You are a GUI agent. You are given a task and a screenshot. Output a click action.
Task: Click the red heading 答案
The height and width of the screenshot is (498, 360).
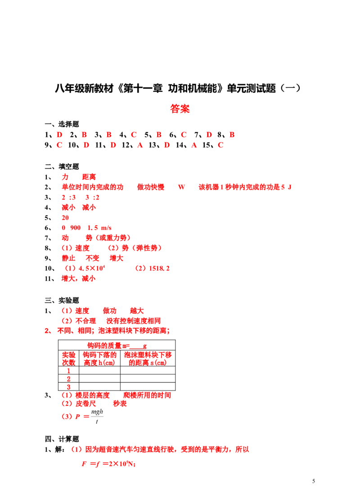(x=180, y=108)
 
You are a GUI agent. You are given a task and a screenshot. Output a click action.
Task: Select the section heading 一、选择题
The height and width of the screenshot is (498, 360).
(x=62, y=124)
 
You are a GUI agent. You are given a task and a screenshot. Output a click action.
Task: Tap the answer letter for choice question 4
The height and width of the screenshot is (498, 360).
(x=134, y=135)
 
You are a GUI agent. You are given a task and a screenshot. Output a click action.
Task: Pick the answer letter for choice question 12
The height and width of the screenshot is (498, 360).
(x=140, y=145)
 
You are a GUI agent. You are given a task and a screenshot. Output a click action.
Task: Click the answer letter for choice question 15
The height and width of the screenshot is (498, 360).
(x=220, y=145)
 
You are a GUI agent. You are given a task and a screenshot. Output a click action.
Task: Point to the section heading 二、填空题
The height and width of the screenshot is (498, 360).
(x=62, y=166)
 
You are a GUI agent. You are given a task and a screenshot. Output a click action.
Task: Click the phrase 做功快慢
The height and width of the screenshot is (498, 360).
(x=151, y=187)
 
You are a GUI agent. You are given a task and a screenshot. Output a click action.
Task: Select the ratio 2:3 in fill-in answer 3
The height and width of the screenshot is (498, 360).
(x=69, y=197)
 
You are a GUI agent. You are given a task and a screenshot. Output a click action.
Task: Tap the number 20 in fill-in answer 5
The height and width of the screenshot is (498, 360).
(x=65, y=218)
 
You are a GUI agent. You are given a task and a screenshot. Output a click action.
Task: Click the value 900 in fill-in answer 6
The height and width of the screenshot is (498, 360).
(x=75, y=228)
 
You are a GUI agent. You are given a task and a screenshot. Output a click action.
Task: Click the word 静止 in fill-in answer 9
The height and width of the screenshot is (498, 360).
(x=68, y=258)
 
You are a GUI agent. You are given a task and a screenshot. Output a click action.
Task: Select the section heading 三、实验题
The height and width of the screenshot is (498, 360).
(x=62, y=301)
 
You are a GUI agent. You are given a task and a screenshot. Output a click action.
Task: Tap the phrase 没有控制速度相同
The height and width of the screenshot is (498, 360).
(x=134, y=321)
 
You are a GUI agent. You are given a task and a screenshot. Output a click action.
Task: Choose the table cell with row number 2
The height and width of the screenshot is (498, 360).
(x=69, y=379)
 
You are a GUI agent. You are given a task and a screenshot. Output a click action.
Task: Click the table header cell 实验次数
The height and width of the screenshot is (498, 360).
(x=69, y=359)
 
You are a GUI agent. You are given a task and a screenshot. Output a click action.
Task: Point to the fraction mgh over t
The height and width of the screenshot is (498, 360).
(x=97, y=417)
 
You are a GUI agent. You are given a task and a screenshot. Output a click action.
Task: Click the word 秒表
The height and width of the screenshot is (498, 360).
(x=120, y=404)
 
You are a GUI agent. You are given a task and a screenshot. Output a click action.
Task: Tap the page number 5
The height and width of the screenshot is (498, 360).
(x=314, y=481)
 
